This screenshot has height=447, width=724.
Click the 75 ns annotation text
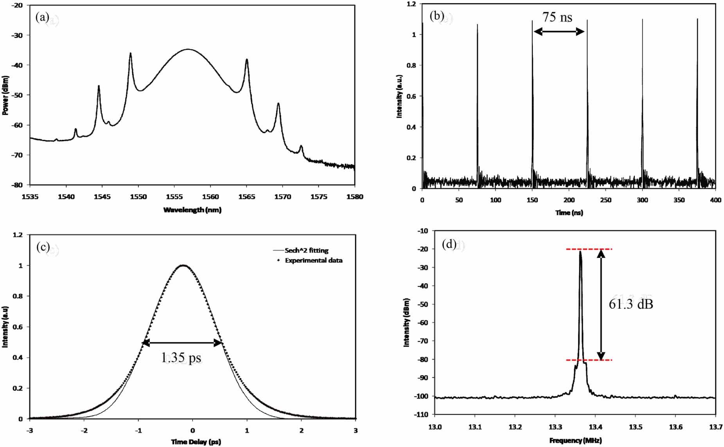[x=557, y=17]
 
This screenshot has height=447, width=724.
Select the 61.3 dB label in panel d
[x=631, y=304]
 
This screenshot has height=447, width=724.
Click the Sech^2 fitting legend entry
[x=306, y=250]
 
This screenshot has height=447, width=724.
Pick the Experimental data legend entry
[x=313, y=261]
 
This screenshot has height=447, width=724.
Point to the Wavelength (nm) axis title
[x=192, y=210]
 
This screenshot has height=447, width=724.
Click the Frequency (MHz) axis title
[x=575, y=441]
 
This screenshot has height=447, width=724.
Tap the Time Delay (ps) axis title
[x=196, y=442]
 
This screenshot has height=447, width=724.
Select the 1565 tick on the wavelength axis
[x=246, y=197]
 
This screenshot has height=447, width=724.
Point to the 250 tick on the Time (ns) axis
[x=605, y=200]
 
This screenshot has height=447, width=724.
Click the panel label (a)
[x=42, y=17]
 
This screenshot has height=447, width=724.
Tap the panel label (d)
[x=449, y=244]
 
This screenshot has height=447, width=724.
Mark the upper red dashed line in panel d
[x=589, y=249]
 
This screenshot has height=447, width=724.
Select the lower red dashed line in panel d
[x=589, y=360]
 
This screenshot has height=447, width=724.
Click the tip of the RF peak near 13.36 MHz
[x=580, y=252]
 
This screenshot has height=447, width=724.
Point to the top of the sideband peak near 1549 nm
[x=131, y=53]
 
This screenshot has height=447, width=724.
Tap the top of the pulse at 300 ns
[x=642, y=20]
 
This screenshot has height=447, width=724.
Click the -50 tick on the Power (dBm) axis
[x=17, y=95]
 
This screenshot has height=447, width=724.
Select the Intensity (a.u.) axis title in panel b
[x=399, y=96]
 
